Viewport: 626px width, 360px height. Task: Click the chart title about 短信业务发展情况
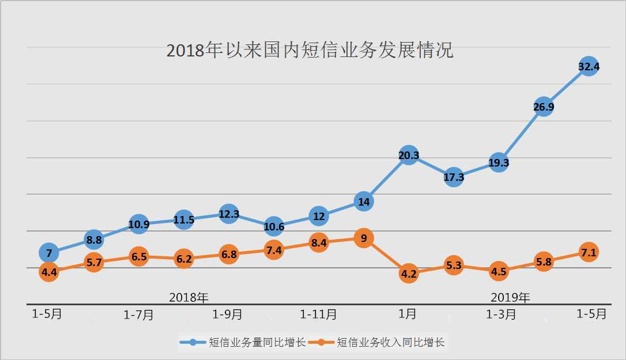tap(310, 50)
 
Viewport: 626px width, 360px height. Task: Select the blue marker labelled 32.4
tap(589, 67)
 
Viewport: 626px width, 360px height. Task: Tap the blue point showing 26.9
tap(544, 107)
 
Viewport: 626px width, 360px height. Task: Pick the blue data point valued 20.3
tap(408, 154)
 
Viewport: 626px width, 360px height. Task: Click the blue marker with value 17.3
tap(454, 177)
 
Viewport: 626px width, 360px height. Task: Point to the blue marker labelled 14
tap(364, 202)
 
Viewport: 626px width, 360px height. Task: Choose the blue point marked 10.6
tap(274, 226)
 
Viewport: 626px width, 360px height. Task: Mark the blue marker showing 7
tap(49, 252)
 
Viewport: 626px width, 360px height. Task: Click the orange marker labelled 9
tap(364, 238)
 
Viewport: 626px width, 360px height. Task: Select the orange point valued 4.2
tap(408, 274)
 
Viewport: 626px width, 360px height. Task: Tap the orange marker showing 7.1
tap(589, 252)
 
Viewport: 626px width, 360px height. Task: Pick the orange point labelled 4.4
tap(49, 272)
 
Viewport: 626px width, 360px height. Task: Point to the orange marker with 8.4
tap(319, 242)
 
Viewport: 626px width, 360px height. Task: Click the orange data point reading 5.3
tap(454, 266)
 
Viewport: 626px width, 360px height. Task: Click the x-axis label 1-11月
tap(318, 314)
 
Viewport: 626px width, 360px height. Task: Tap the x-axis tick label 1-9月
tap(227, 314)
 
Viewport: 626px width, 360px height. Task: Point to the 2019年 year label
tap(510, 297)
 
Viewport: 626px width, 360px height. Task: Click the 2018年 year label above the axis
tap(188, 297)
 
